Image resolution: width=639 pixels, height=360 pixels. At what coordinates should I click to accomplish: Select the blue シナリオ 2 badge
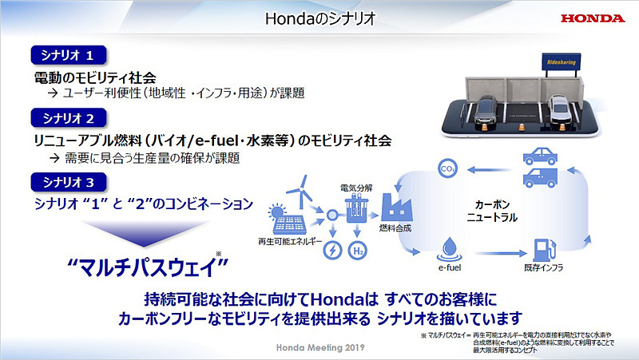pos(68,117)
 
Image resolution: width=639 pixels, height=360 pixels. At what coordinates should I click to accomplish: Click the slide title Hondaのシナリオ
pos(319,17)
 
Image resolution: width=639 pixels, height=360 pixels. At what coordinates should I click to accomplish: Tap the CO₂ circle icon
pos(448,168)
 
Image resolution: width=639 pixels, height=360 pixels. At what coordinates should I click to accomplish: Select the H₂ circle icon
pos(359,251)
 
